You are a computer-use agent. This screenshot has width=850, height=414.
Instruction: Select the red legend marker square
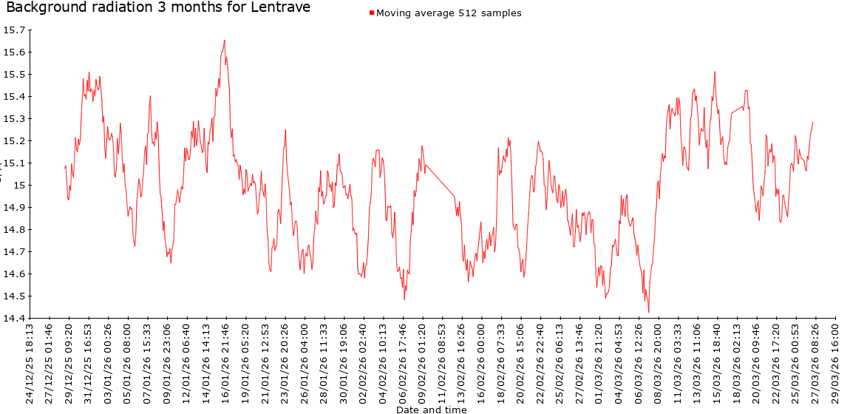(x=372, y=13)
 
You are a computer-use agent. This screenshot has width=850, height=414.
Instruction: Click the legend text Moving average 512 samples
(x=449, y=13)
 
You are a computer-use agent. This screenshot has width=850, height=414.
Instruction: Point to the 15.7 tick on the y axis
(x=14, y=30)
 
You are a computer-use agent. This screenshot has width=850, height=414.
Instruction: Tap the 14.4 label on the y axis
(x=14, y=319)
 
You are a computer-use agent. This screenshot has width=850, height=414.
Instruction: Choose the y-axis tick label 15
(x=19, y=186)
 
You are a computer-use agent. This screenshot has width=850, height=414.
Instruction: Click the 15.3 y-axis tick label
(x=14, y=119)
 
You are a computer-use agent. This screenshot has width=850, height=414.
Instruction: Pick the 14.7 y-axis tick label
(x=14, y=252)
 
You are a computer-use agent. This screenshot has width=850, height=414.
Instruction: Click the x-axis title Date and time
(x=431, y=410)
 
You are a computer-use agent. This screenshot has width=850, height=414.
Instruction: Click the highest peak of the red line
(x=225, y=40)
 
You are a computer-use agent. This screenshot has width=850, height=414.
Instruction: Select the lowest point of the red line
(x=649, y=312)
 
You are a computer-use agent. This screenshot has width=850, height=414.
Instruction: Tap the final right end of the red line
(x=812, y=123)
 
